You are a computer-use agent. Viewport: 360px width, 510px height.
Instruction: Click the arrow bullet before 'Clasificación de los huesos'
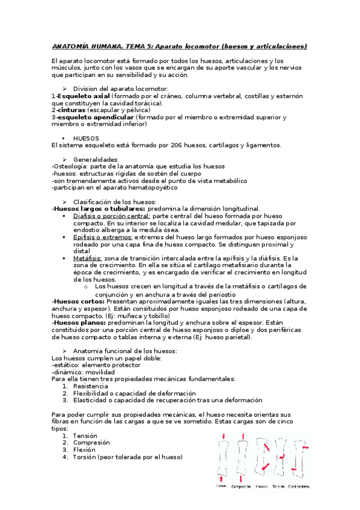[x=65, y=201]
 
